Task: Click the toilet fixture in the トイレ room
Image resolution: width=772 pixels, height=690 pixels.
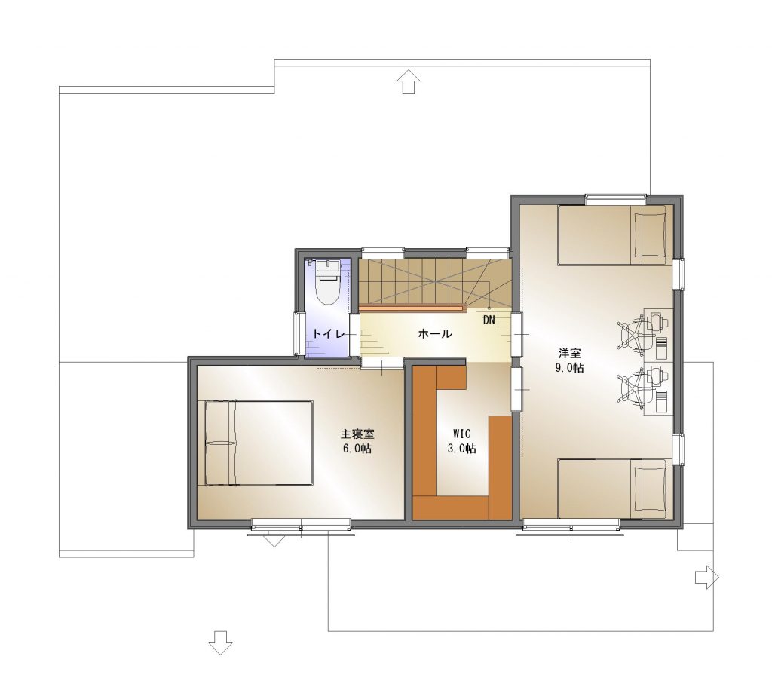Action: coord(328,283)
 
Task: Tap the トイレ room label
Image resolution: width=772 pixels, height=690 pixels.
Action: coord(329,333)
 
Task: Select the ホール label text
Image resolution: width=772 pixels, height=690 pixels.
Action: coord(435,333)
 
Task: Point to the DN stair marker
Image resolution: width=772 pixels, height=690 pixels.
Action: coord(489,320)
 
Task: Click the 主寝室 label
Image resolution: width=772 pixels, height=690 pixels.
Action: coord(357,434)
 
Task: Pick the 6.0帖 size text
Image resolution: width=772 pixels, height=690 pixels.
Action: coord(357,449)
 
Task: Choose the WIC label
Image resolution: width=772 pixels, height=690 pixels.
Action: coord(462,434)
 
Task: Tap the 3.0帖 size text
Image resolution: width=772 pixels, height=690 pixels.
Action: coord(461,449)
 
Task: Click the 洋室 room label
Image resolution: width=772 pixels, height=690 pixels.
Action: coord(570,353)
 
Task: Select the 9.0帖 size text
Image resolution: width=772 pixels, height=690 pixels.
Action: coord(570,368)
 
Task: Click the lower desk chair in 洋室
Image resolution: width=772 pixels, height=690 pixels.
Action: coord(633,388)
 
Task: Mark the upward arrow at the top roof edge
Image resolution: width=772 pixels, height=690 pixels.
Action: coord(409,81)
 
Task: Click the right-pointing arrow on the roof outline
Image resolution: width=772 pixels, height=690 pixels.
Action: coord(707,577)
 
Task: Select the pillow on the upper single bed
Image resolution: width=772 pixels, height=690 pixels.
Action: coord(649,235)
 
